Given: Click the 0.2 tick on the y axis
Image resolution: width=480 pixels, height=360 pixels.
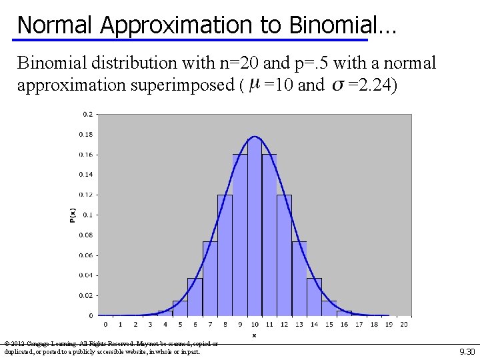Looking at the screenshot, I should [x=88, y=114].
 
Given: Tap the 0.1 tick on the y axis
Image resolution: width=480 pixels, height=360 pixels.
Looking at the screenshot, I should [x=88, y=215].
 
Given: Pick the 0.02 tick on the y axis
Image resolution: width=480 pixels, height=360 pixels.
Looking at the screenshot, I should [x=87, y=295].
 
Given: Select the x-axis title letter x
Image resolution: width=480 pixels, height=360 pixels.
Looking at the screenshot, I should [x=254, y=335].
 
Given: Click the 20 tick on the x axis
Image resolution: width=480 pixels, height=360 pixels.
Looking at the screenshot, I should [x=404, y=325].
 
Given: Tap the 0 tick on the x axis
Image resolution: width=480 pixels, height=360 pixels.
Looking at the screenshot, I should [x=105, y=325].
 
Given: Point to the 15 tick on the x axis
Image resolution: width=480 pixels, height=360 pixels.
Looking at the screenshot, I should [x=329, y=325].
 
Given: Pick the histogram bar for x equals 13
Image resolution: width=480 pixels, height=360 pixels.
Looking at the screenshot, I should [x=299, y=280].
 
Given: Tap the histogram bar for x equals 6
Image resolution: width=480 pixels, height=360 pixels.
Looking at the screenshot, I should [x=195, y=297].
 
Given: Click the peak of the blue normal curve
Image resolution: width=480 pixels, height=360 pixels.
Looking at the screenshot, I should [x=254, y=137].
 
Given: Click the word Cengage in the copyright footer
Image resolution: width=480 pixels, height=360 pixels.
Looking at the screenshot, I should [x=38, y=344].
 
